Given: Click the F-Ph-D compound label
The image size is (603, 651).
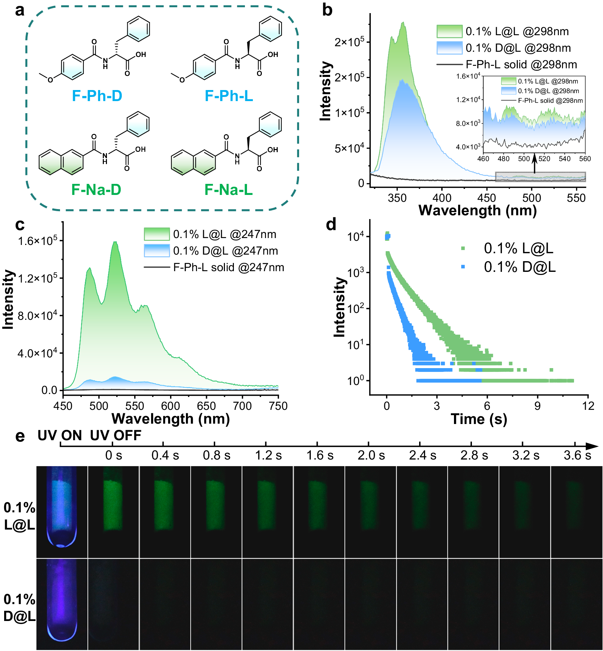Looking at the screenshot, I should click(x=97, y=96).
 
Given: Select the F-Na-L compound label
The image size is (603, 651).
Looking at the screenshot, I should click(x=228, y=190).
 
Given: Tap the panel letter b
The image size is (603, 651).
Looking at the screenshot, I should click(x=327, y=10).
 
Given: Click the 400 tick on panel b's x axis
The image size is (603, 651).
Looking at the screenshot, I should click(x=442, y=198).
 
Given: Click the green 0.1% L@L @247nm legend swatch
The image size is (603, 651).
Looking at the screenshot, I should click(x=157, y=234).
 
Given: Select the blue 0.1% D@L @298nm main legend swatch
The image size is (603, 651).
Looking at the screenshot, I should click(x=449, y=48).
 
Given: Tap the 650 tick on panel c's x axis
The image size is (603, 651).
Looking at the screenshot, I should click(x=206, y=406).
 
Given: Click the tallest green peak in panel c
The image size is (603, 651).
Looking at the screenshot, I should click(x=115, y=242).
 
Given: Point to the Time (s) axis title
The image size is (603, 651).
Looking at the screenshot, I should click(x=479, y=419).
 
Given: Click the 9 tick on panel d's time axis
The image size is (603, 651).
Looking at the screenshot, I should click(x=537, y=406).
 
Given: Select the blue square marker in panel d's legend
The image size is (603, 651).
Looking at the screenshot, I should click(x=463, y=267).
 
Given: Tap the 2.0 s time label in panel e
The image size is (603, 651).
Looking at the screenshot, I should click(x=371, y=455).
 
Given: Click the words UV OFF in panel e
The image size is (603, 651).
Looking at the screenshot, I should click(x=116, y=435).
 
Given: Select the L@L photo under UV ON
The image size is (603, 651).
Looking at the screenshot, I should click(x=62, y=512).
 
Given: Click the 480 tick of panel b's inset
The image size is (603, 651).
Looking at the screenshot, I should click(x=503, y=159).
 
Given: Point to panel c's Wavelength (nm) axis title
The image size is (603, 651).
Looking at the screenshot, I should click(x=170, y=419).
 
